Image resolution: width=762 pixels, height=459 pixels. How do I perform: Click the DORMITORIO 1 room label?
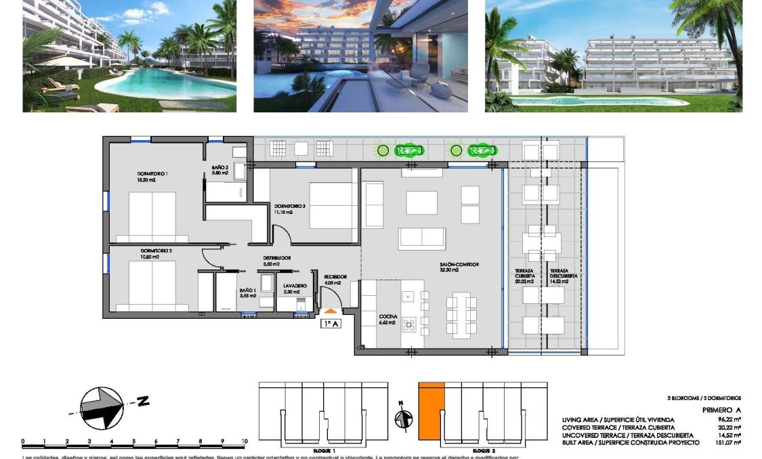(152, 174)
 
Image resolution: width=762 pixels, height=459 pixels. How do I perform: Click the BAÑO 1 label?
(247, 290)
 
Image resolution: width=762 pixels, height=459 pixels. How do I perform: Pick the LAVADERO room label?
(295, 286)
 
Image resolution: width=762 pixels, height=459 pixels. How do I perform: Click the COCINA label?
(388, 316)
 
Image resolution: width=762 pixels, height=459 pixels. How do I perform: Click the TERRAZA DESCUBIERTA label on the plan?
(559, 274)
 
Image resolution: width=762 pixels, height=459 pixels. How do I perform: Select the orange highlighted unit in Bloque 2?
(431, 413)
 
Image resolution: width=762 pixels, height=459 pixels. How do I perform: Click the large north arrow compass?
(102, 407)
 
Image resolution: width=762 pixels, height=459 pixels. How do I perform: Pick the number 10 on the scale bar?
(244, 441)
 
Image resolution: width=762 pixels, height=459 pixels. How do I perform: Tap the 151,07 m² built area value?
(729, 442)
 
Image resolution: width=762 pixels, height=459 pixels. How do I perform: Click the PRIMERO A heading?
(722, 410)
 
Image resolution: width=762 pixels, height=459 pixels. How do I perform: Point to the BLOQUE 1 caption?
(324, 450)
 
